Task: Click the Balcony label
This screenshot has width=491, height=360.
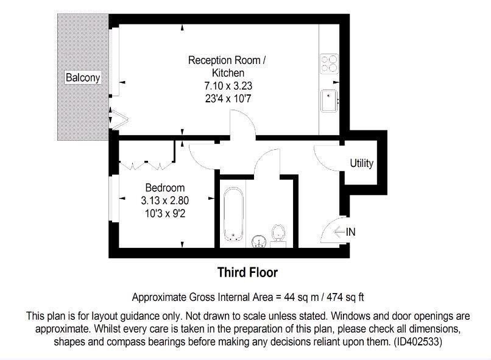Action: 83,77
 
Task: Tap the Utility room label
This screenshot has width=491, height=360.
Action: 362,163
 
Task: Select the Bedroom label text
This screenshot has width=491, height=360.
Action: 165,188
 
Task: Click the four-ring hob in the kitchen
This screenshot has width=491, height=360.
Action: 329,64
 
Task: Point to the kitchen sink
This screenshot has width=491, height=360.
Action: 329,101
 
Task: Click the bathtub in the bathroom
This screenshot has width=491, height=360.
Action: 233,214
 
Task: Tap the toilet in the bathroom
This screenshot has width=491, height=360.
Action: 278,235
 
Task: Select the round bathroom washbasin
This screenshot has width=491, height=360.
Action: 259,241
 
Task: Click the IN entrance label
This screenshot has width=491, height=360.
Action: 351,232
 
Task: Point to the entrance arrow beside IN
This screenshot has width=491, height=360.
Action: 339,232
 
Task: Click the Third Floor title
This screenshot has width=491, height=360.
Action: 247,272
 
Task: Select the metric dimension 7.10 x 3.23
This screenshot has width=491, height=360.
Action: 228,85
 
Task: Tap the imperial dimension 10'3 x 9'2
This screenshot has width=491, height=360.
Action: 165,213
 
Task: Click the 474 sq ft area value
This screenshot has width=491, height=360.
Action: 345,297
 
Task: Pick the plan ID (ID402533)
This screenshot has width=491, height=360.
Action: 418,341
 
